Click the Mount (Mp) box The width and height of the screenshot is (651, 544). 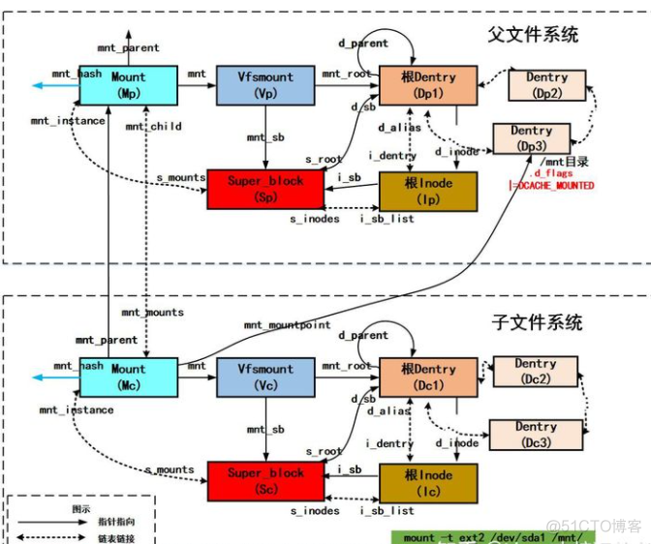point(128,85)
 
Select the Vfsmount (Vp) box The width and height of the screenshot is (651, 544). point(263,85)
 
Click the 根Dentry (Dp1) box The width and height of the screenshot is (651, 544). point(427,85)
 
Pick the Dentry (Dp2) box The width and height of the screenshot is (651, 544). point(547,85)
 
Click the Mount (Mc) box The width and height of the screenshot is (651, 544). point(128,377)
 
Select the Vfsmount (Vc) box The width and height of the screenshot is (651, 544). point(264,377)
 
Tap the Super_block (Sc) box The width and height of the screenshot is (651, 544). point(264,481)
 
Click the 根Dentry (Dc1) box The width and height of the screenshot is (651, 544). point(427,378)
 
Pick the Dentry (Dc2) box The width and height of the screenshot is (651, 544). point(536,372)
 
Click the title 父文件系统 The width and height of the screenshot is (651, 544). point(533,34)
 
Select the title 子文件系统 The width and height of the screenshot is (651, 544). point(534,321)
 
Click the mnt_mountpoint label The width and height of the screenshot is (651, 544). point(287,325)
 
